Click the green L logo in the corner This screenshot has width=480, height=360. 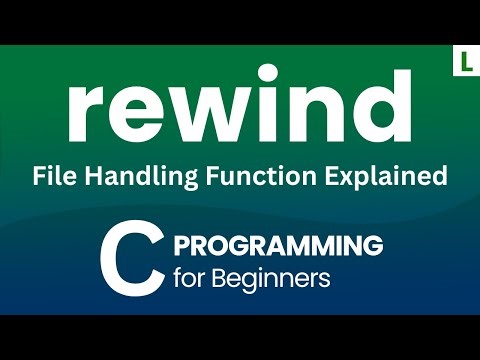click(462, 60)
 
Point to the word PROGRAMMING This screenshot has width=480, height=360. click(279, 244)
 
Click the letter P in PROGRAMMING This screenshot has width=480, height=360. click(183, 244)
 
